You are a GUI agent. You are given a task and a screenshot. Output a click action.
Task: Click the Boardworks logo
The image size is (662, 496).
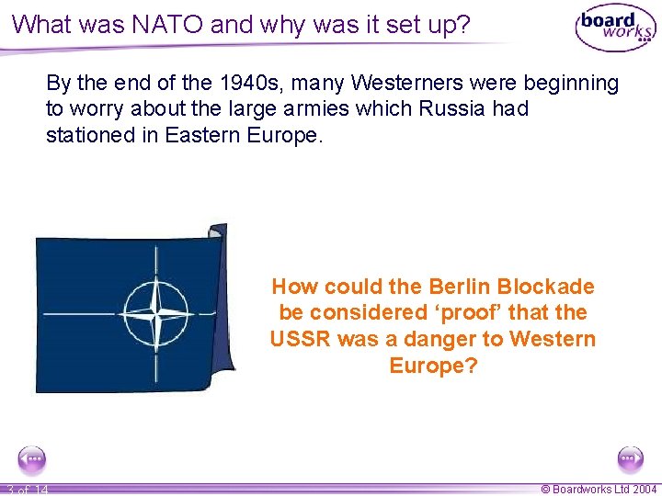tap(614, 28)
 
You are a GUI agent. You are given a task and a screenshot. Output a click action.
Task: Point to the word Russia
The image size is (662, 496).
tap(454, 109)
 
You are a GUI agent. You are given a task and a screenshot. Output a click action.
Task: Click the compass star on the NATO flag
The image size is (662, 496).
tap(154, 312)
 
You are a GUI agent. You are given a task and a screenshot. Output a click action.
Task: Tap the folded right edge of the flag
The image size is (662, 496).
tap(222, 303)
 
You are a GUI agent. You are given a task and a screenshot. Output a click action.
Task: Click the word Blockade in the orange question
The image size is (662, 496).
tap(553, 287)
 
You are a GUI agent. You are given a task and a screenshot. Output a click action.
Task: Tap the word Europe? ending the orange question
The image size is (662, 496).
tap(433, 366)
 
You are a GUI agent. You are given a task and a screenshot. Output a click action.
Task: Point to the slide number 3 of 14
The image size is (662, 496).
tap(26, 490)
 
